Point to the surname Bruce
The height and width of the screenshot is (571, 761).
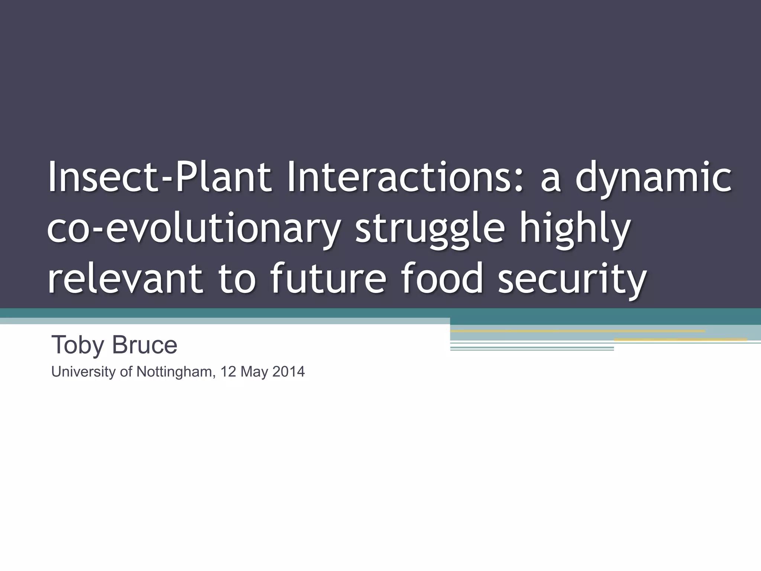point(145,345)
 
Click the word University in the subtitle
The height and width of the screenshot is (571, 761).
point(83,372)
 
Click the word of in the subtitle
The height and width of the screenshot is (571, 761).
point(126,372)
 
